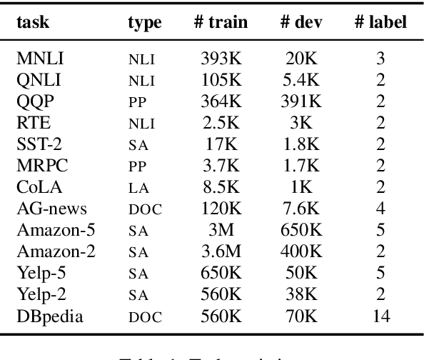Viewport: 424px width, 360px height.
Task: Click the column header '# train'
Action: click(x=221, y=22)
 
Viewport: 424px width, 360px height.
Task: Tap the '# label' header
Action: click(x=380, y=22)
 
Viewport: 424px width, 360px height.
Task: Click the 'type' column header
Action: click(x=145, y=23)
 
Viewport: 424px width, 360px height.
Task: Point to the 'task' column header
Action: click(x=33, y=22)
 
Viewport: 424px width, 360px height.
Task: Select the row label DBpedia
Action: click(x=48, y=317)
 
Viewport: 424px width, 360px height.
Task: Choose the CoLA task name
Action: click(x=39, y=188)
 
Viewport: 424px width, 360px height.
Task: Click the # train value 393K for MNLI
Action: click(x=221, y=59)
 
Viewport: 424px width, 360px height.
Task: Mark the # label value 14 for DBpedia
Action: click(x=380, y=317)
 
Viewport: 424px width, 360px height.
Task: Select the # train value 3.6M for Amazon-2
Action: click(x=221, y=252)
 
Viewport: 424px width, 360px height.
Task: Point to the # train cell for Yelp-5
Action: click(x=221, y=274)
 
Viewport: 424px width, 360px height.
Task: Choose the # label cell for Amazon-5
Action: click(x=380, y=231)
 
